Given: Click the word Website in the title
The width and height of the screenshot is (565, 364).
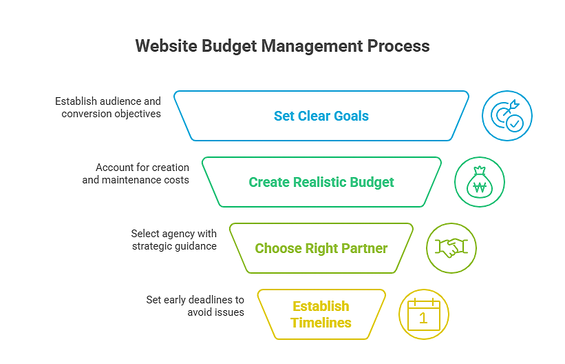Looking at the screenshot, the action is click(167, 46).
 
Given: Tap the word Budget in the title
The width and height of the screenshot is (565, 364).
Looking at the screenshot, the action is click(228, 47).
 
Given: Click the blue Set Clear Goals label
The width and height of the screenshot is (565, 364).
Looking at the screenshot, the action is click(321, 116).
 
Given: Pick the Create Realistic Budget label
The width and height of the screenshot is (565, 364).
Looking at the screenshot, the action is click(321, 183).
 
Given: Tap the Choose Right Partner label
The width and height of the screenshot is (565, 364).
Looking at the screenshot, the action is click(321, 248).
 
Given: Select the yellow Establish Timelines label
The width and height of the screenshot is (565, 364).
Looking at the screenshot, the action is click(321, 314).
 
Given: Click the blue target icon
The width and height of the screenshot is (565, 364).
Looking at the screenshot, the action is click(507, 116).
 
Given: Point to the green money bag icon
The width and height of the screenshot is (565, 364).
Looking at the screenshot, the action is click(480, 182).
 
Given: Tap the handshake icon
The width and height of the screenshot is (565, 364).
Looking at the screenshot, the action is click(451, 248).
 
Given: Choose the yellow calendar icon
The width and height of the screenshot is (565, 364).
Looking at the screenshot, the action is click(424, 314).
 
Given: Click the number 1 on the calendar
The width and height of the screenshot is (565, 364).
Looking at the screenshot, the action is click(423, 318).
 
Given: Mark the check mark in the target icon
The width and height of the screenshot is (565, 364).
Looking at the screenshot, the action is click(515, 123).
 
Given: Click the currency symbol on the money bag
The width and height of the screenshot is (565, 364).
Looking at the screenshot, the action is click(480, 188).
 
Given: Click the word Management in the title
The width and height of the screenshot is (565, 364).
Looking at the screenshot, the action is click(312, 47).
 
